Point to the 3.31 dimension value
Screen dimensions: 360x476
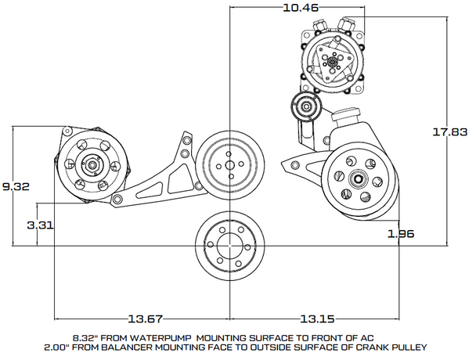pyautogui.click(x=40, y=225)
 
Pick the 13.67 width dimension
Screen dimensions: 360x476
pyautogui.click(x=146, y=319)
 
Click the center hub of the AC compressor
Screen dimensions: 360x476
pyautogui.click(x=333, y=62)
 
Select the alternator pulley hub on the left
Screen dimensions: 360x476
pyautogui.click(x=91, y=166)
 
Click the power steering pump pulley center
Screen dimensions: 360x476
pyautogui.click(x=357, y=179)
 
